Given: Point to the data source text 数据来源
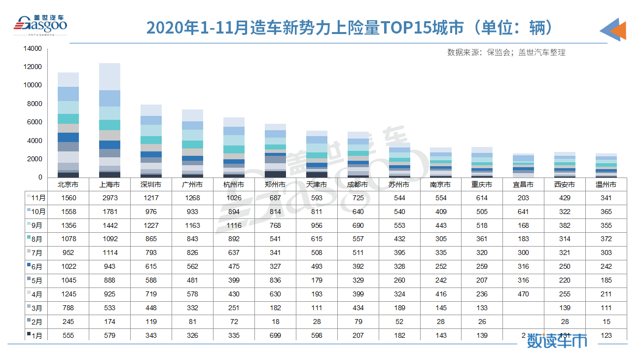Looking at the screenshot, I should [x=506, y=52].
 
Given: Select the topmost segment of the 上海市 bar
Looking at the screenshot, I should [x=109, y=76].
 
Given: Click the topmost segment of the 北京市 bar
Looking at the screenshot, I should [x=68, y=79].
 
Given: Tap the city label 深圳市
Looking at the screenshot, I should [x=151, y=185].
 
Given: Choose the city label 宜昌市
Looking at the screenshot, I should [x=523, y=185].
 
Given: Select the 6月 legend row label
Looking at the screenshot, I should [x=38, y=267].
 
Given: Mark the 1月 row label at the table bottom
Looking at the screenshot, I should [x=38, y=335].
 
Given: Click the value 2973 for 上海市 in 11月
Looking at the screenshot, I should [x=109, y=198].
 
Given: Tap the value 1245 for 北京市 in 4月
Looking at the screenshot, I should [x=68, y=294].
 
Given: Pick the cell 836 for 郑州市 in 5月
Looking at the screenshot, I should [x=275, y=281].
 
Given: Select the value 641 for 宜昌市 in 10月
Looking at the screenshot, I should [x=523, y=212].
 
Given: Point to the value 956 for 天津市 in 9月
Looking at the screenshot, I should [x=317, y=225].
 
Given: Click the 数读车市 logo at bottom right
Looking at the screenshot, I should [x=557, y=340].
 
